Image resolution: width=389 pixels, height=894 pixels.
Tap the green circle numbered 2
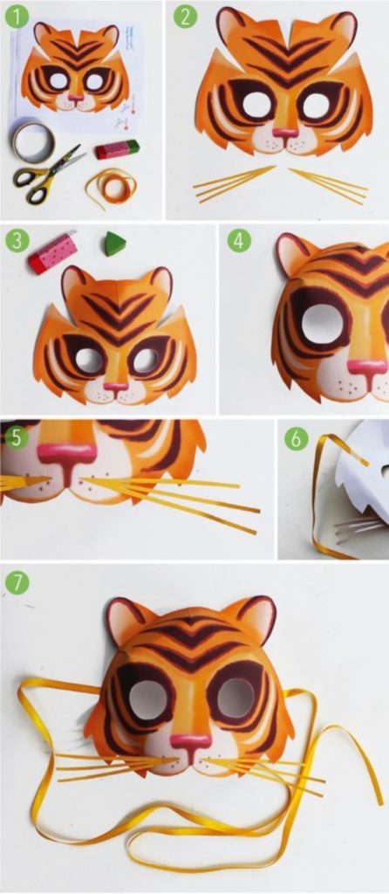pyautogui.click(x=183, y=17)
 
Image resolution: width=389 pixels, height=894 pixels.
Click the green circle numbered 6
pyautogui.click(x=297, y=437)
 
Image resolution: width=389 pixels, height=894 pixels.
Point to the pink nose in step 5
pyautogui.click(x=66, y=454)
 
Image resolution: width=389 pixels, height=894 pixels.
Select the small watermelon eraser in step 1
pyautogui.click(x=113, y=149)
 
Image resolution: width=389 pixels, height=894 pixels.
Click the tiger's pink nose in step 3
pyautogui.click(x=116, y=383)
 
